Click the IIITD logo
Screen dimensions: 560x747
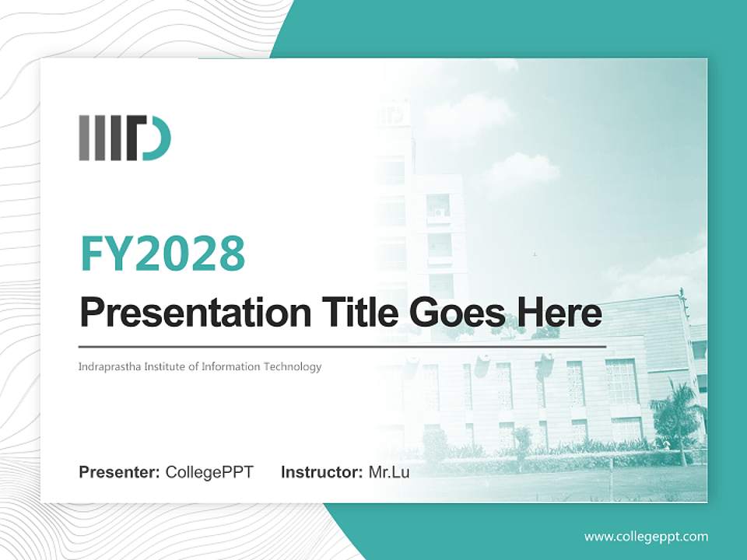click(x=124, y=138)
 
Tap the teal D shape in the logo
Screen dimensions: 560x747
click(x=159, y=138)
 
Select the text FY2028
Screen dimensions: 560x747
click(x=163, y=253)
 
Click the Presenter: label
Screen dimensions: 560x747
click(x=120, y=472)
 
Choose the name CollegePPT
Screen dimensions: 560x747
click(x=209, y=472)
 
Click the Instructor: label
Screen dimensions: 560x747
click(x=321, y=472)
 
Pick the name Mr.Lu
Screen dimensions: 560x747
click(x=388, y=472)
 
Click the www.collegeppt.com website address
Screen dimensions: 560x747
click(x=646, y=537)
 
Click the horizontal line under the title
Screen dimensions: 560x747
click(x=342, y=346)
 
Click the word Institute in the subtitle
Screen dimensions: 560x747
click(x=163, y=366)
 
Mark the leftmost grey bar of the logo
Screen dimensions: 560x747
click(x=83, y=138)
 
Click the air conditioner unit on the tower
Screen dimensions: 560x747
click(x=440, y=211)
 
